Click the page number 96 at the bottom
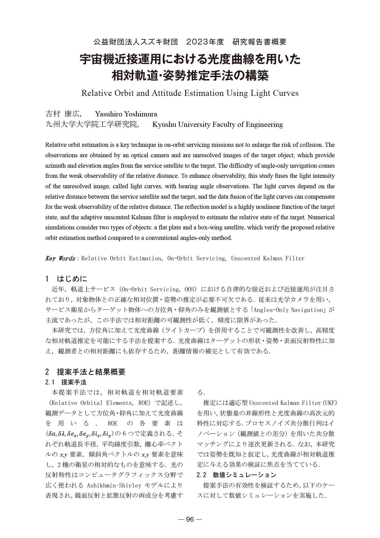pos(190,519)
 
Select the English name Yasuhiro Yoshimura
pos(126,114)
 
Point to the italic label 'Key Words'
pos(60,258)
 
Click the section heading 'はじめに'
pos(72,279)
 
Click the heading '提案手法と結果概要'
pos(91,372)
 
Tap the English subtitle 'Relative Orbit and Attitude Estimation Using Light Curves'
pos(190,93)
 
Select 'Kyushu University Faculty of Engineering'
pos(217,124)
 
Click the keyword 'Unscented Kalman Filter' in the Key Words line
pos(268,258)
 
